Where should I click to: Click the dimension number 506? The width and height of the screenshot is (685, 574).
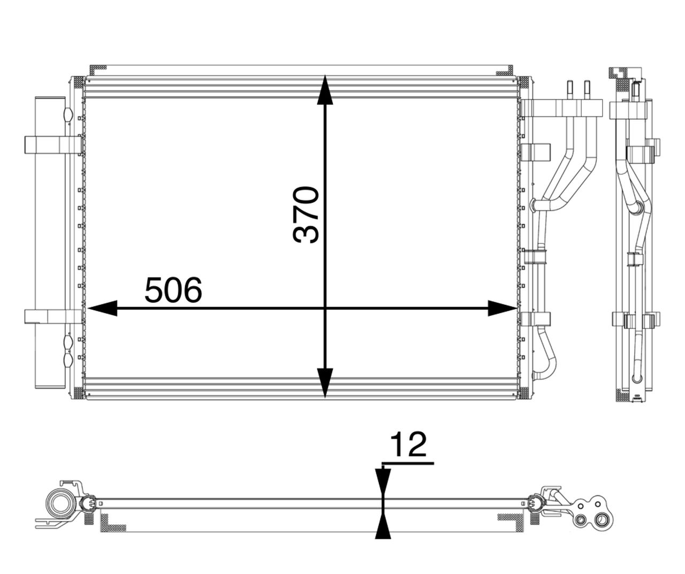click(x=173, y=290)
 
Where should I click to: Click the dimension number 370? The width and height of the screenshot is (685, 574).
click(x=306, y=215)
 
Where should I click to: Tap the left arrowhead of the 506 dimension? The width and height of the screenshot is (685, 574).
click(x=102, y=308)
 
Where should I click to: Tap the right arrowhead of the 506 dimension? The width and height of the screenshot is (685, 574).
click(x=503, y=308)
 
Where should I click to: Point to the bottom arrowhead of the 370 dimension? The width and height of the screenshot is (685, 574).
click(x=325, y=383)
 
